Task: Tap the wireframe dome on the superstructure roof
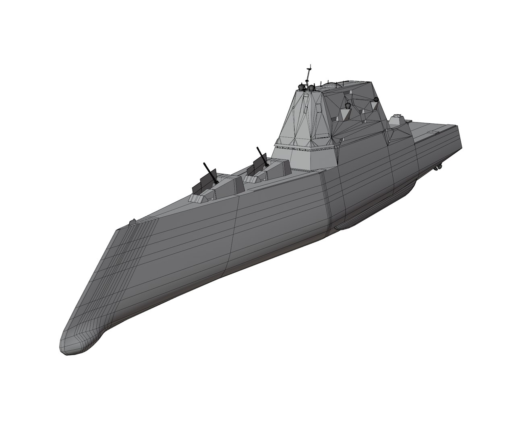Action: [x=331, y=85]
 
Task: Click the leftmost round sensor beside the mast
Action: [x=300, y=86]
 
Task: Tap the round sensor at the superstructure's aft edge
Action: [x=377, y=99]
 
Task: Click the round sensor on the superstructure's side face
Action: [x=348, y=106]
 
